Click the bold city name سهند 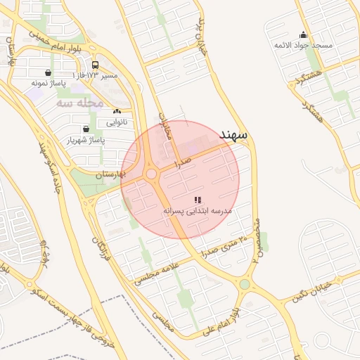233,134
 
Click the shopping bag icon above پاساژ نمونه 47,72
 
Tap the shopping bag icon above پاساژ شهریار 86,129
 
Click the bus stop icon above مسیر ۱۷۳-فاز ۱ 95,65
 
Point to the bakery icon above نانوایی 117,112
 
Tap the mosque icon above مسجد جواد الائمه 303,35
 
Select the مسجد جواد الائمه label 303,45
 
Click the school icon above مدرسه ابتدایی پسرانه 197,200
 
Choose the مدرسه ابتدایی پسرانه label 198,210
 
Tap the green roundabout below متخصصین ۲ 245,285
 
